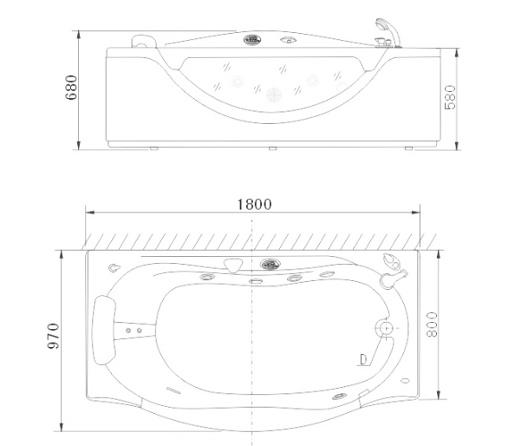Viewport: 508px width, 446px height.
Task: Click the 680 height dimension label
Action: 71,88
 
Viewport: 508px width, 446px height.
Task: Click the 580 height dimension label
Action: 450,97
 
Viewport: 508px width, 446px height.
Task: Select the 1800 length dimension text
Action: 254,205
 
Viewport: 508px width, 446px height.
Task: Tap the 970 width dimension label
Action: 54,336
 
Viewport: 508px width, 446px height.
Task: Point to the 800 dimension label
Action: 431,325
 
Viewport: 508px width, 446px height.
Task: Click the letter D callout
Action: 363,359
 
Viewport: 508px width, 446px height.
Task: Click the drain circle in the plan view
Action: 386,328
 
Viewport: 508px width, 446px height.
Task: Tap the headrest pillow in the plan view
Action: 104,330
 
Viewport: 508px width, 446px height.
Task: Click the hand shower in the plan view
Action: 391,261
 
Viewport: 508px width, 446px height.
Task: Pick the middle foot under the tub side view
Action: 272,148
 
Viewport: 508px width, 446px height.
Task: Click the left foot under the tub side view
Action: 154,148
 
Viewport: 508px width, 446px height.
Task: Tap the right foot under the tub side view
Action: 408,148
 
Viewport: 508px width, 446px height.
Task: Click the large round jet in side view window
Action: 274,95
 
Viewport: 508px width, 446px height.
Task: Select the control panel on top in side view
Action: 252,40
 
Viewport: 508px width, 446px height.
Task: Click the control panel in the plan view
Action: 270,265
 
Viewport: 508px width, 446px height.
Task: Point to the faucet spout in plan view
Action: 394,279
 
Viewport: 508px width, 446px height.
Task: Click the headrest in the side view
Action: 144,41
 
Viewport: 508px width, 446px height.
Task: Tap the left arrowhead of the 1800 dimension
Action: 90,213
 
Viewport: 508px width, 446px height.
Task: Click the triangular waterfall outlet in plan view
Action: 233,265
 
